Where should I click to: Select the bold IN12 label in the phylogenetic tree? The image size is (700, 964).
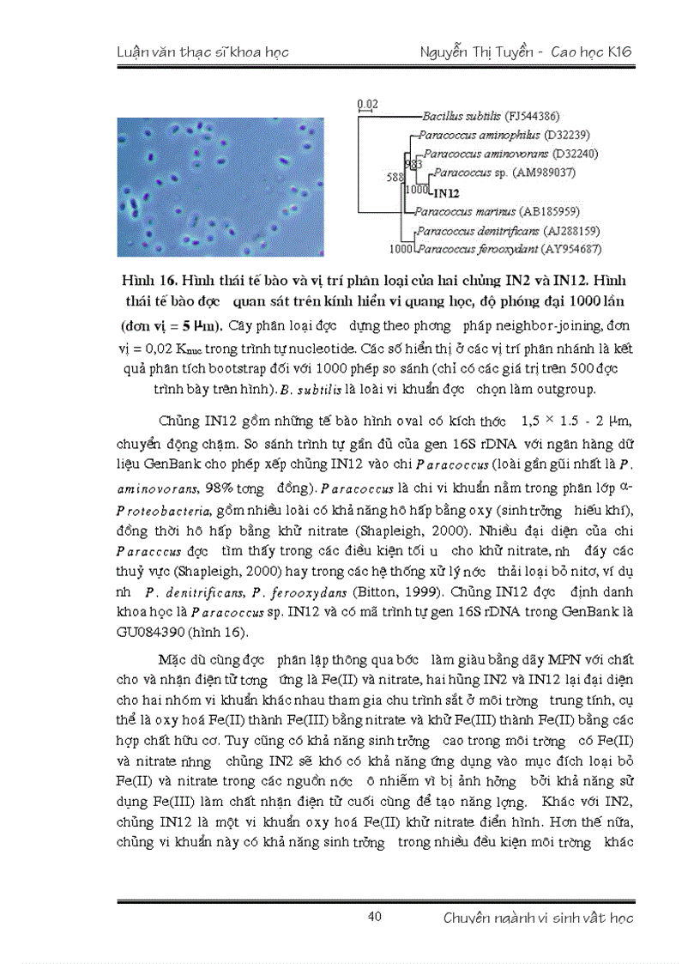pyautogui.click(x=447, y=193)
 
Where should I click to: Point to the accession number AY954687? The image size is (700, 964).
pyautogui.click(x=566, y=249)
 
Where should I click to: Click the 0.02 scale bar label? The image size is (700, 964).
pyautogui.click(x=367, y=104)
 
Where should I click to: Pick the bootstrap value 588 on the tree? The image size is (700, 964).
pyautogui.click(x=395, y=177)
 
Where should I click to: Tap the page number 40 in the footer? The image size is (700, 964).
pyautogui.click(x=374, y=917)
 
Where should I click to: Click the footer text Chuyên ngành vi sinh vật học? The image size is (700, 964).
pyautogui.click(x=538, y=918)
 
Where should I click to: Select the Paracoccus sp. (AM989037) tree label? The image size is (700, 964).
pyautogui.click(x=505, y=173)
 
